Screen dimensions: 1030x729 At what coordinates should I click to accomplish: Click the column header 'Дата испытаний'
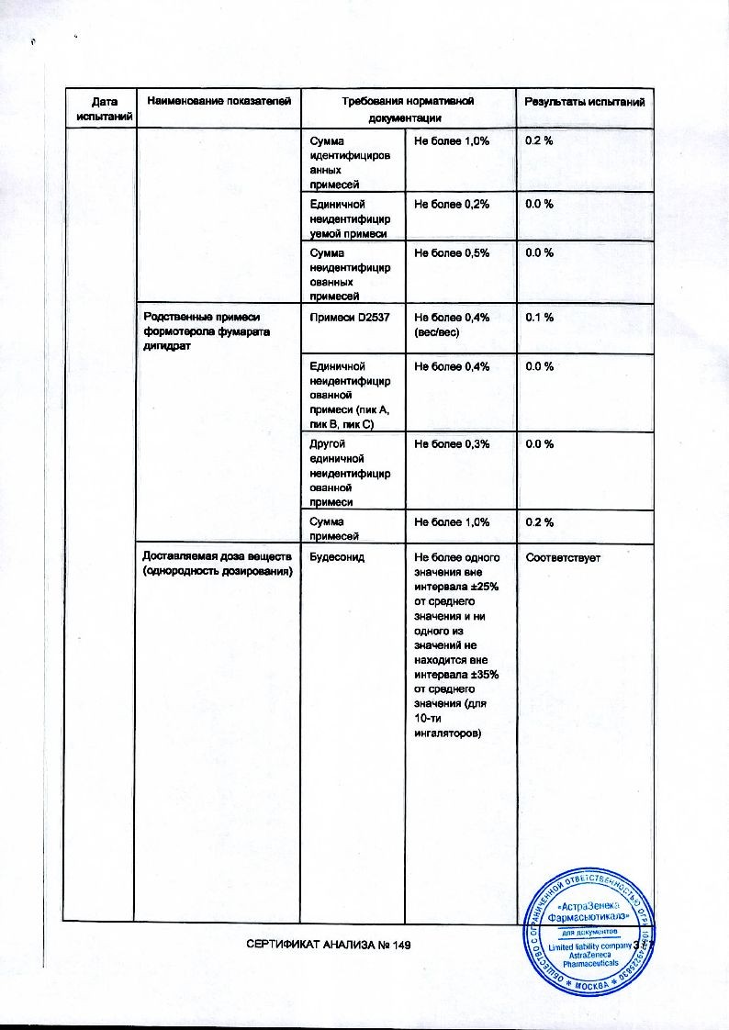[x=99, y=109]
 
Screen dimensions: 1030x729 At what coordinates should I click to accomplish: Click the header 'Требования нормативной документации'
[x=409, y=109]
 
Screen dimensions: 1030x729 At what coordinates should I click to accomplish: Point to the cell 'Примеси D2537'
[x=347, y=317]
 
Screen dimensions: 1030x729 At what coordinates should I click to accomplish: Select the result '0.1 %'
[x=538, y=317]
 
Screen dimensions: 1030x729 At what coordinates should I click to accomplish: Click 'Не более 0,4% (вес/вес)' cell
[x=452, y=324]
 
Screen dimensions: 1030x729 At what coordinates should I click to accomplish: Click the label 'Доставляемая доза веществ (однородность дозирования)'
[x=216, y=565]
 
